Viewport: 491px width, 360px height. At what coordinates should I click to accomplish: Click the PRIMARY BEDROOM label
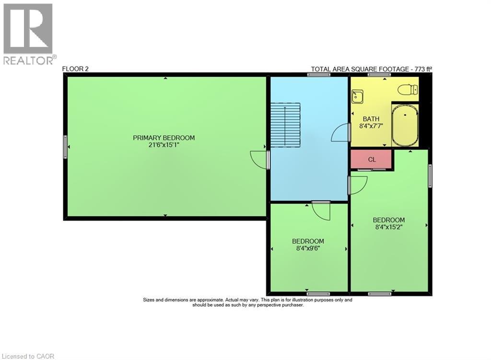click(164, 138)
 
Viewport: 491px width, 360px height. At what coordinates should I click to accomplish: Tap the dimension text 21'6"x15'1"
click(164, 144)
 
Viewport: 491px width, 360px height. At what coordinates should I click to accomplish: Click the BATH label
click(371, 119)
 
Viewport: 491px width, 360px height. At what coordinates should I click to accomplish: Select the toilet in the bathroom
click(409, 90)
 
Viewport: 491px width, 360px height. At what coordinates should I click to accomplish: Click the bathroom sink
click(357, 97)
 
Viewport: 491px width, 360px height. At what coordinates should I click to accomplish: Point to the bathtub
click(405, 126)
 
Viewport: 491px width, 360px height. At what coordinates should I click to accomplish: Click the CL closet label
click(372, 160)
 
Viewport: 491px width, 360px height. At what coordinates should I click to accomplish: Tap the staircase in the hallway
click(285, 125)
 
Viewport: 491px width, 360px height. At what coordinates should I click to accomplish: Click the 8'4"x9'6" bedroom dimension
click(308, 248)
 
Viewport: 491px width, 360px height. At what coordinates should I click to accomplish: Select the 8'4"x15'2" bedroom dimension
click(388, 227)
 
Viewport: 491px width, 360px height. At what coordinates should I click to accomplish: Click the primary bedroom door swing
click(259, 160)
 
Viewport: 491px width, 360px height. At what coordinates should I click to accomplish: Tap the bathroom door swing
click(339, 133)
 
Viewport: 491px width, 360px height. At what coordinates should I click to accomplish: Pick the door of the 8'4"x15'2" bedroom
click(358, 185)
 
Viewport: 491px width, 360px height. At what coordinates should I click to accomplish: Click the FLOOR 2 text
click(75, 69)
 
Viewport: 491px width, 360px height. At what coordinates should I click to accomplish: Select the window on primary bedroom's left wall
click(65, 147)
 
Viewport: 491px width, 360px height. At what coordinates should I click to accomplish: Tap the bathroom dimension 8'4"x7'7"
click(371, 127)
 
